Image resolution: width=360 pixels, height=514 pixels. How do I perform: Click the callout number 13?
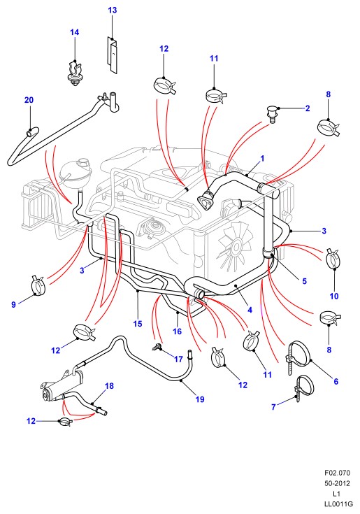[112, 10]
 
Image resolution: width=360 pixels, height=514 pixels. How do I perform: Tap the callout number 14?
[74, 32]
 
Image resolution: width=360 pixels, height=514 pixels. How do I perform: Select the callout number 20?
[29, 100]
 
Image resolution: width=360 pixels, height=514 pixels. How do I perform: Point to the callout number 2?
[308, 108]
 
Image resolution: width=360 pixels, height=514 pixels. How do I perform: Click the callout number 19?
[200, 399]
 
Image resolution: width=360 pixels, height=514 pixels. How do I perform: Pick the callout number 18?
[109, 386]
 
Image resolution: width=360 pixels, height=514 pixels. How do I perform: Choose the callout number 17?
[178, 359]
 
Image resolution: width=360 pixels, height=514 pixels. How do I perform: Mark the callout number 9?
[13, 304]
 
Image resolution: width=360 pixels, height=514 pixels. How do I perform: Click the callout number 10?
[334, 296]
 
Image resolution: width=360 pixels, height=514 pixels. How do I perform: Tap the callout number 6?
[336, 381]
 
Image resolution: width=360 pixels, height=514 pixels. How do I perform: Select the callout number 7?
[273, 407]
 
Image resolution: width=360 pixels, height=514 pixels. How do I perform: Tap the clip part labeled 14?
[74, 73]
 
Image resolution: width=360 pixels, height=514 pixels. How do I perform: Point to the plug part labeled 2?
[272, 115]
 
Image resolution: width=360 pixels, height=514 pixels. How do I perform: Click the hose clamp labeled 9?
[39, 285]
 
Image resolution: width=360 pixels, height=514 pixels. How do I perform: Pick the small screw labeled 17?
[157, 346]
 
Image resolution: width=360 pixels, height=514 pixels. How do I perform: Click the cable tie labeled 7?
[304, 387]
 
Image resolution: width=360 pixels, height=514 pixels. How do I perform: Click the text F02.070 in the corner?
[337, 473]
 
